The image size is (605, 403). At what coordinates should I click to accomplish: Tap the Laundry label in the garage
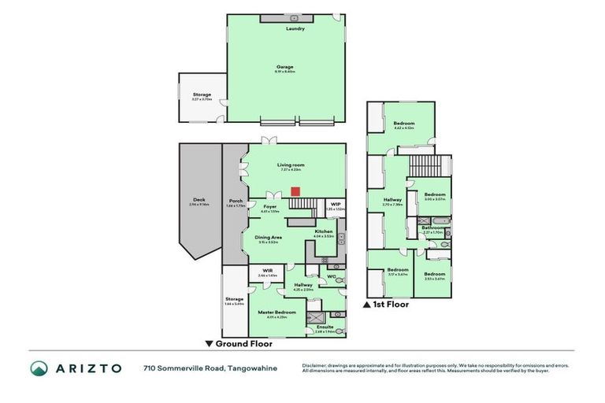295,28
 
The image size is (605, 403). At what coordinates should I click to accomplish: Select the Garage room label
284,67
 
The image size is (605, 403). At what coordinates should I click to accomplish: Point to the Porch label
235,201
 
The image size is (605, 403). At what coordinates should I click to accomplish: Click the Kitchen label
324,231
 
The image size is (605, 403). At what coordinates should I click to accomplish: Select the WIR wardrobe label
268,272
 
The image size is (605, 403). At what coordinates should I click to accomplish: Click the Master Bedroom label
278,312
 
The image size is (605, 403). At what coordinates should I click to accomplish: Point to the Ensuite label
325,327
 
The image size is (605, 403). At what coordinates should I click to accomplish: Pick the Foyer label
269,206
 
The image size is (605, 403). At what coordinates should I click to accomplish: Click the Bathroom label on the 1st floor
432,228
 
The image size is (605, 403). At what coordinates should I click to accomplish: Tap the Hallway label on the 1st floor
392,199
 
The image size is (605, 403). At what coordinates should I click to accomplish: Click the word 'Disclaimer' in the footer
316,365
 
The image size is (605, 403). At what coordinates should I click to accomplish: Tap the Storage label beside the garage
202,94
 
